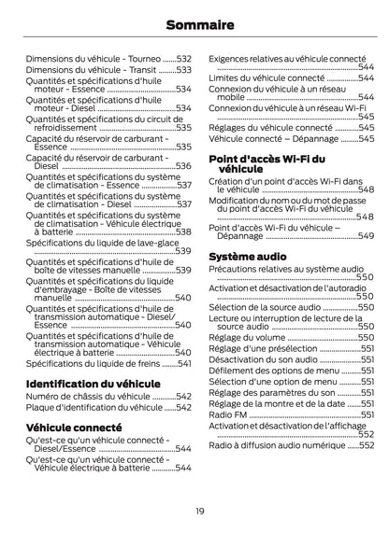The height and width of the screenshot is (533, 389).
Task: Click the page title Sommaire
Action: pos(194,25)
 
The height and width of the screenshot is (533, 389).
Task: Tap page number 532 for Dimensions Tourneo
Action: pos(184,58)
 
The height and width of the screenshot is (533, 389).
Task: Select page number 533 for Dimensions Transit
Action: pos(184,70)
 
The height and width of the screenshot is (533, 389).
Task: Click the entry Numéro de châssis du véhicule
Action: pos(87,397)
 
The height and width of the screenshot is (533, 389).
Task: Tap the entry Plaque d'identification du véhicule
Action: pos(94,408)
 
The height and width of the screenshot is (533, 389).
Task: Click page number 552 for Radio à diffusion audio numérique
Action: pos(366,446)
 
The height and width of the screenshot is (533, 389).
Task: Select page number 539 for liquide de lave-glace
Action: pos(183,251)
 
